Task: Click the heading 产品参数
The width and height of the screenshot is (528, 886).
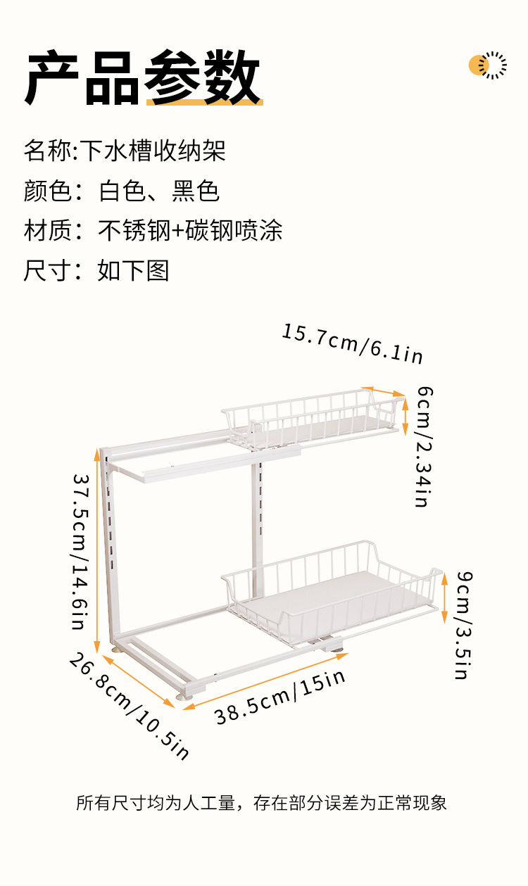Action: (x=144, y=77)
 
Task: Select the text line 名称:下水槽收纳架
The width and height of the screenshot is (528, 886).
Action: (x=125, y=151)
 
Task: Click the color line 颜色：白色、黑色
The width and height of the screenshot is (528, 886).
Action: (x=122, y=191)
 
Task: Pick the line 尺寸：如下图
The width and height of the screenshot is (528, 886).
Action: (x=96, y=271)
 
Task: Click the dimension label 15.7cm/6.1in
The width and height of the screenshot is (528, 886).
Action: (x=353, y=344)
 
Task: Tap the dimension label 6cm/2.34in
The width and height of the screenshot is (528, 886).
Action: (x=423, y=446)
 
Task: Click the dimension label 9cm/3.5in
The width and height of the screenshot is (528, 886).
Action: (x=463, y=625)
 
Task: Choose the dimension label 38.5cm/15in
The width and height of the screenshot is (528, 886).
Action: (x=280, y=697)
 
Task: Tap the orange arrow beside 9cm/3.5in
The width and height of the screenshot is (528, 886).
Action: (x=444, y=597)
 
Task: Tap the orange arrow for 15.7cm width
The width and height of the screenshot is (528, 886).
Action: (x=383, y=391)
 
